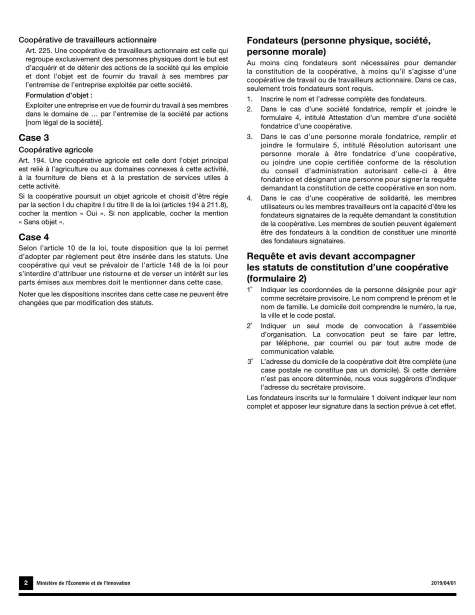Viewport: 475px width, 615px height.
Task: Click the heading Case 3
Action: [33, 137]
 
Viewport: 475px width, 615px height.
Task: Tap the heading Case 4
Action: [33, 236]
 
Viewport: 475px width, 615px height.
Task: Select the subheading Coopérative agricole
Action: [55, 149]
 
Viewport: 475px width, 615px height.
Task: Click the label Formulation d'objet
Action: [59, 95]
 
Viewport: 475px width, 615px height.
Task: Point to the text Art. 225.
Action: [38, 50]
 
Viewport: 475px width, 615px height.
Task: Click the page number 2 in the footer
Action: [25, 583]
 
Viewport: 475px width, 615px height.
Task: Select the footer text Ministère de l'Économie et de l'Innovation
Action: [83, 583]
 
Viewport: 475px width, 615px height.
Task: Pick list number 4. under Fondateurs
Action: [249, 198]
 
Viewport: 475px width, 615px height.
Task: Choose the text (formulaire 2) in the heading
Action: [276, 278]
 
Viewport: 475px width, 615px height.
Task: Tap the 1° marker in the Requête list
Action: [250, 289]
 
